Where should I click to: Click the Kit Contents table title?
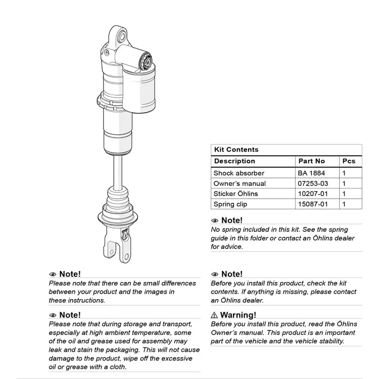(x=236, y=150)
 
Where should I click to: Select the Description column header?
(x=234, y=161)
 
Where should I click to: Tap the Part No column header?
(x=311, y=161)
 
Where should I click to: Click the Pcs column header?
(x=349, y=161)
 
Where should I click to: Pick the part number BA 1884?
(x=311, y=173)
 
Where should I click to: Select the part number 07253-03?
(x=313, y=183)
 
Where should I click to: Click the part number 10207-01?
(x=313, y=194)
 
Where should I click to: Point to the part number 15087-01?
(x=313, y=204)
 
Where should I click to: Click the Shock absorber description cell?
(x=239, y=173)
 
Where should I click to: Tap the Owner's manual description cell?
(x=239, y=183)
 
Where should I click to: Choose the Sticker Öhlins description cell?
(x=235, y=194)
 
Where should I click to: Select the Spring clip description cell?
(x=230, y=204)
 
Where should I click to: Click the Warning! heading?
(x=238, y=315)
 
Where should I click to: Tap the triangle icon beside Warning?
(x=214, y=315)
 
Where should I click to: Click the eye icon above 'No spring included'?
(x=215, y=221)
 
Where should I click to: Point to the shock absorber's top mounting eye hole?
(x=122, y=35)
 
